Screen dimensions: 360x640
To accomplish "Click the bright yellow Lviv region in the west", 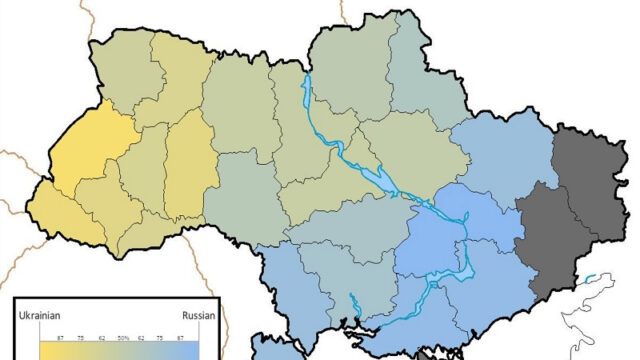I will tap(80, 160).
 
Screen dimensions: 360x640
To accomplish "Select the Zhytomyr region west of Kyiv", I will tap(240, 110).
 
